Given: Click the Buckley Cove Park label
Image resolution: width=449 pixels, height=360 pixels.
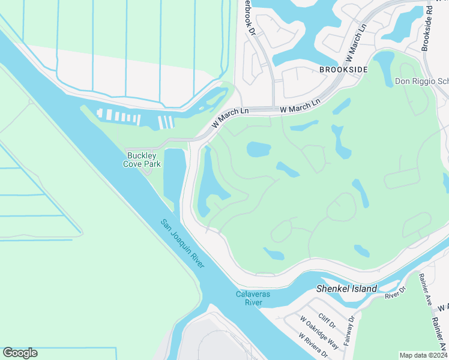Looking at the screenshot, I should tap(142, 159).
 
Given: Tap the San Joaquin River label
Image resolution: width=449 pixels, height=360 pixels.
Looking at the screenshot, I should tap(182, 245).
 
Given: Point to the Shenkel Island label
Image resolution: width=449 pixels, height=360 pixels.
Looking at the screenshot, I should tap(346, 289).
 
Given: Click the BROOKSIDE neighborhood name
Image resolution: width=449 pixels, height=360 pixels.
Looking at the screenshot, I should tap(343, 70).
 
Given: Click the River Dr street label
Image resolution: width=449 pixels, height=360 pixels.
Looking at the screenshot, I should tap(396, 292).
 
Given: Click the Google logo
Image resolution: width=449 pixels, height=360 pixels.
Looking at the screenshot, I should tap(20, 353).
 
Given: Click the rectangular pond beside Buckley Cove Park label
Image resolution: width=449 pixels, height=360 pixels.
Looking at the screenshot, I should tap(173, 174).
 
